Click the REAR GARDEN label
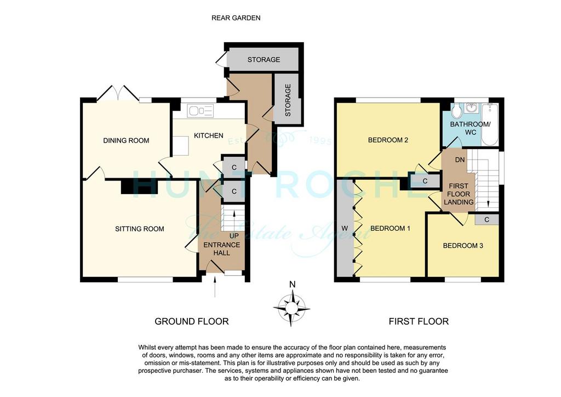[x=236, y=18]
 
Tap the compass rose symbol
[x=291, y=308]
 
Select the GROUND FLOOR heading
[x=191, y=321]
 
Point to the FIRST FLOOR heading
[x=419, y=321]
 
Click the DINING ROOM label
[x=126, y=141]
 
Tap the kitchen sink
[x=201, y=111]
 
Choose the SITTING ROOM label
[x=140, y=229]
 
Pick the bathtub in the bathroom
[x=490, y=124]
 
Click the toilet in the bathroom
[x=456, y=111]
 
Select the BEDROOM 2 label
[x=388, y=140]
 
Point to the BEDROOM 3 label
[x=463, y=246]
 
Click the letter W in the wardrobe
[x=345, y=229]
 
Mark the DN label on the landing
[x=460, y=160]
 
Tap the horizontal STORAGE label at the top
[x=264, y=60]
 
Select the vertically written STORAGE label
[x=288, y=100]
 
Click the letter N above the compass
[x=293, y=285]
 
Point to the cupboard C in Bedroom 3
[x=486, y=220]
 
